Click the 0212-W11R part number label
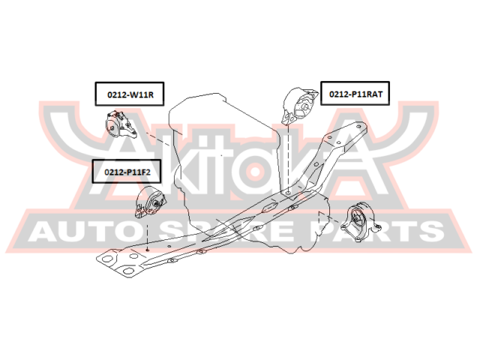pos(130,94)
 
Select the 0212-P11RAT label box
pos(355,93)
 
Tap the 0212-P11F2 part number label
pos(127,172)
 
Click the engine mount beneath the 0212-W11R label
pos(121,124)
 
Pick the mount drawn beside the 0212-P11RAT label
pos(299,106)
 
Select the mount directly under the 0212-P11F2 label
pos(151,202)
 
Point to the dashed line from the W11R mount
pos(157,138)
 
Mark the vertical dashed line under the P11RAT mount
pos(289,158)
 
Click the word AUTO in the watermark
pos(82,231)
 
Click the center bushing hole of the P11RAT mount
pos(305,106)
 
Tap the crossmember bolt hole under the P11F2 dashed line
pos(148,250)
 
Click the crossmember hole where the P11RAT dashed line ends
pos(289,193)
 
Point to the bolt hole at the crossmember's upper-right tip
pos(358,126)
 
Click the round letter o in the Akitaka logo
pos(254,171)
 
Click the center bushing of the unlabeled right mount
pos(356,219)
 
